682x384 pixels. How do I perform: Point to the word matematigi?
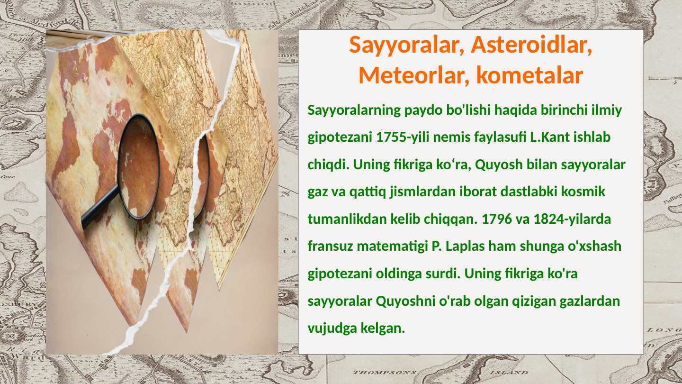click(x=392, y=247)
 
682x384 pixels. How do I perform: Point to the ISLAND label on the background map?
click(x=507, y=373)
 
